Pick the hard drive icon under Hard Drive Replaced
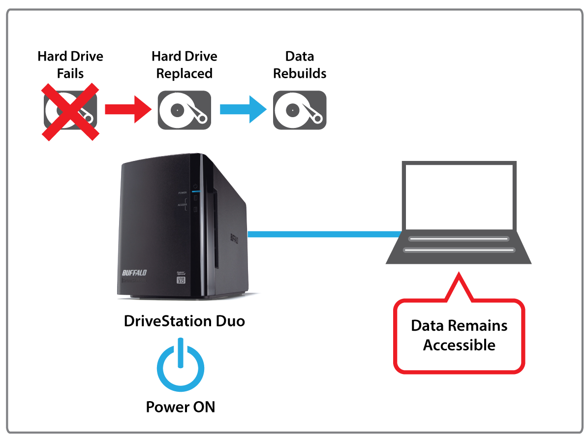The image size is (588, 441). (x=184, y=110)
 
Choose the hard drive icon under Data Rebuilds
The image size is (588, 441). (x=300, y=110)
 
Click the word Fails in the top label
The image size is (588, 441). (x=70, y=74)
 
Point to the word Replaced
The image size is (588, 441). (x=184, y=74)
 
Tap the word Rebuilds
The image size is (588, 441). (x=300, y=74)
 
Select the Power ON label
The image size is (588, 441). (x=180, y=407)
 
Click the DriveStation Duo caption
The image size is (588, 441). (x=184, y=321)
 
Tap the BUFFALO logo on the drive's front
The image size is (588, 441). (x=134, y=273)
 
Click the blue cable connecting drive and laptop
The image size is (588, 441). (x=322, y=234)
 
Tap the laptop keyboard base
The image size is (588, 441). (x=459, y=246)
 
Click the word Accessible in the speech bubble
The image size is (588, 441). (x=459, y=345)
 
